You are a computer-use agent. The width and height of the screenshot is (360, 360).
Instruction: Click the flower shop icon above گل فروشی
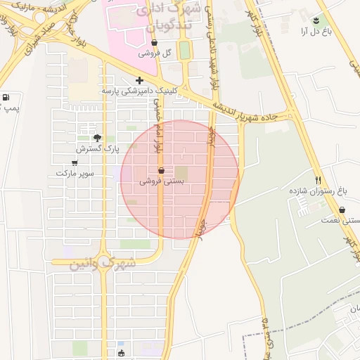pyautogui.click(x=154, y=43)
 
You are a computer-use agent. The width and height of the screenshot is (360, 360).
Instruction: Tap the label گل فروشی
pyautogui.click(x=149, y=53)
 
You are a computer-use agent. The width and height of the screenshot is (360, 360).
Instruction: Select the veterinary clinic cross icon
pyautogui.click(x=140, y=80)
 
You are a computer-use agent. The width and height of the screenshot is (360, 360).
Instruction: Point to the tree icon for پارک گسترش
pyautogui.click(x=97, y=138)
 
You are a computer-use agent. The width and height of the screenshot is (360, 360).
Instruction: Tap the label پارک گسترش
pyautogui.click(x=98, y=149)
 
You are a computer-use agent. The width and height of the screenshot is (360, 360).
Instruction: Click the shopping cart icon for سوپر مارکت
pyautogui.click(x=75, y=163)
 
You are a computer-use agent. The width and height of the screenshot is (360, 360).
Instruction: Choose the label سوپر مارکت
pyautogui.click(x=75, y=173)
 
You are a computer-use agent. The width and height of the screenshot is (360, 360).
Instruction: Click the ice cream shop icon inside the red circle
pyautogui.click(x=162, y=171)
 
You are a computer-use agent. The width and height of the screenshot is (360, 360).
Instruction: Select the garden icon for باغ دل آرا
pyautogui.click(x=316, y=20)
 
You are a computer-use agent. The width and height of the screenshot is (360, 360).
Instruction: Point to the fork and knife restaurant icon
pyautogui.click(x=319, y=180)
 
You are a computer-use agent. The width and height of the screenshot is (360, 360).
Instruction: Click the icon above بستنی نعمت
pyautogui.click(x=342, y=210)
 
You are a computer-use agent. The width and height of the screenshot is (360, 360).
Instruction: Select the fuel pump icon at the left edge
pyautogui.click(x=6, y=98)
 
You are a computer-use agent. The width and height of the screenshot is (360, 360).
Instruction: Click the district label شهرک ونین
pyautogui.click(x=102, y=264)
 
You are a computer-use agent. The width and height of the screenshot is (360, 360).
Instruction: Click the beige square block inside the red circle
pyautogui.click(x=182, y=172)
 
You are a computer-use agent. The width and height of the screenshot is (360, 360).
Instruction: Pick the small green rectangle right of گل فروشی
pyautogui.click(x=184, y=51)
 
